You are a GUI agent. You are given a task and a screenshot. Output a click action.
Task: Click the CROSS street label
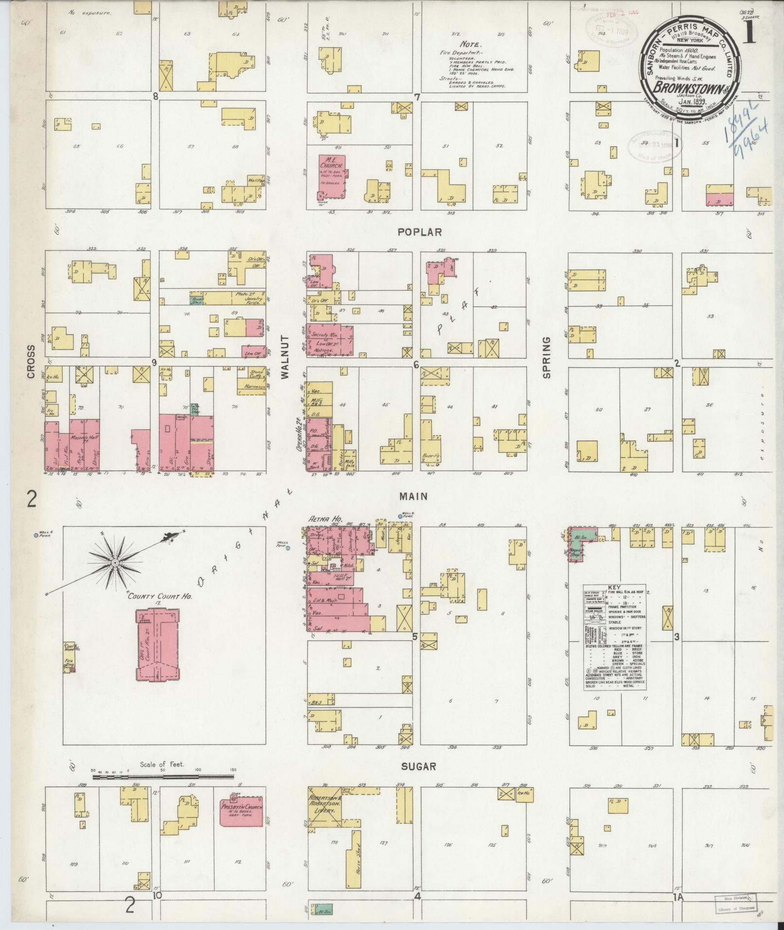pyautogui.click(x=31, y=362)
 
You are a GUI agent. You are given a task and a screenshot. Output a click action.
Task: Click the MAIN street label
pyautogui.click(x=413, y=496)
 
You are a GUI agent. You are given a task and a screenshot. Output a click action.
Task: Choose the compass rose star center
pyautogui.click(x=116, y=562)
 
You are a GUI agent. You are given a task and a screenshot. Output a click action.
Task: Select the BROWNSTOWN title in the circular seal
pyautogui.click(x=680, y=88)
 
